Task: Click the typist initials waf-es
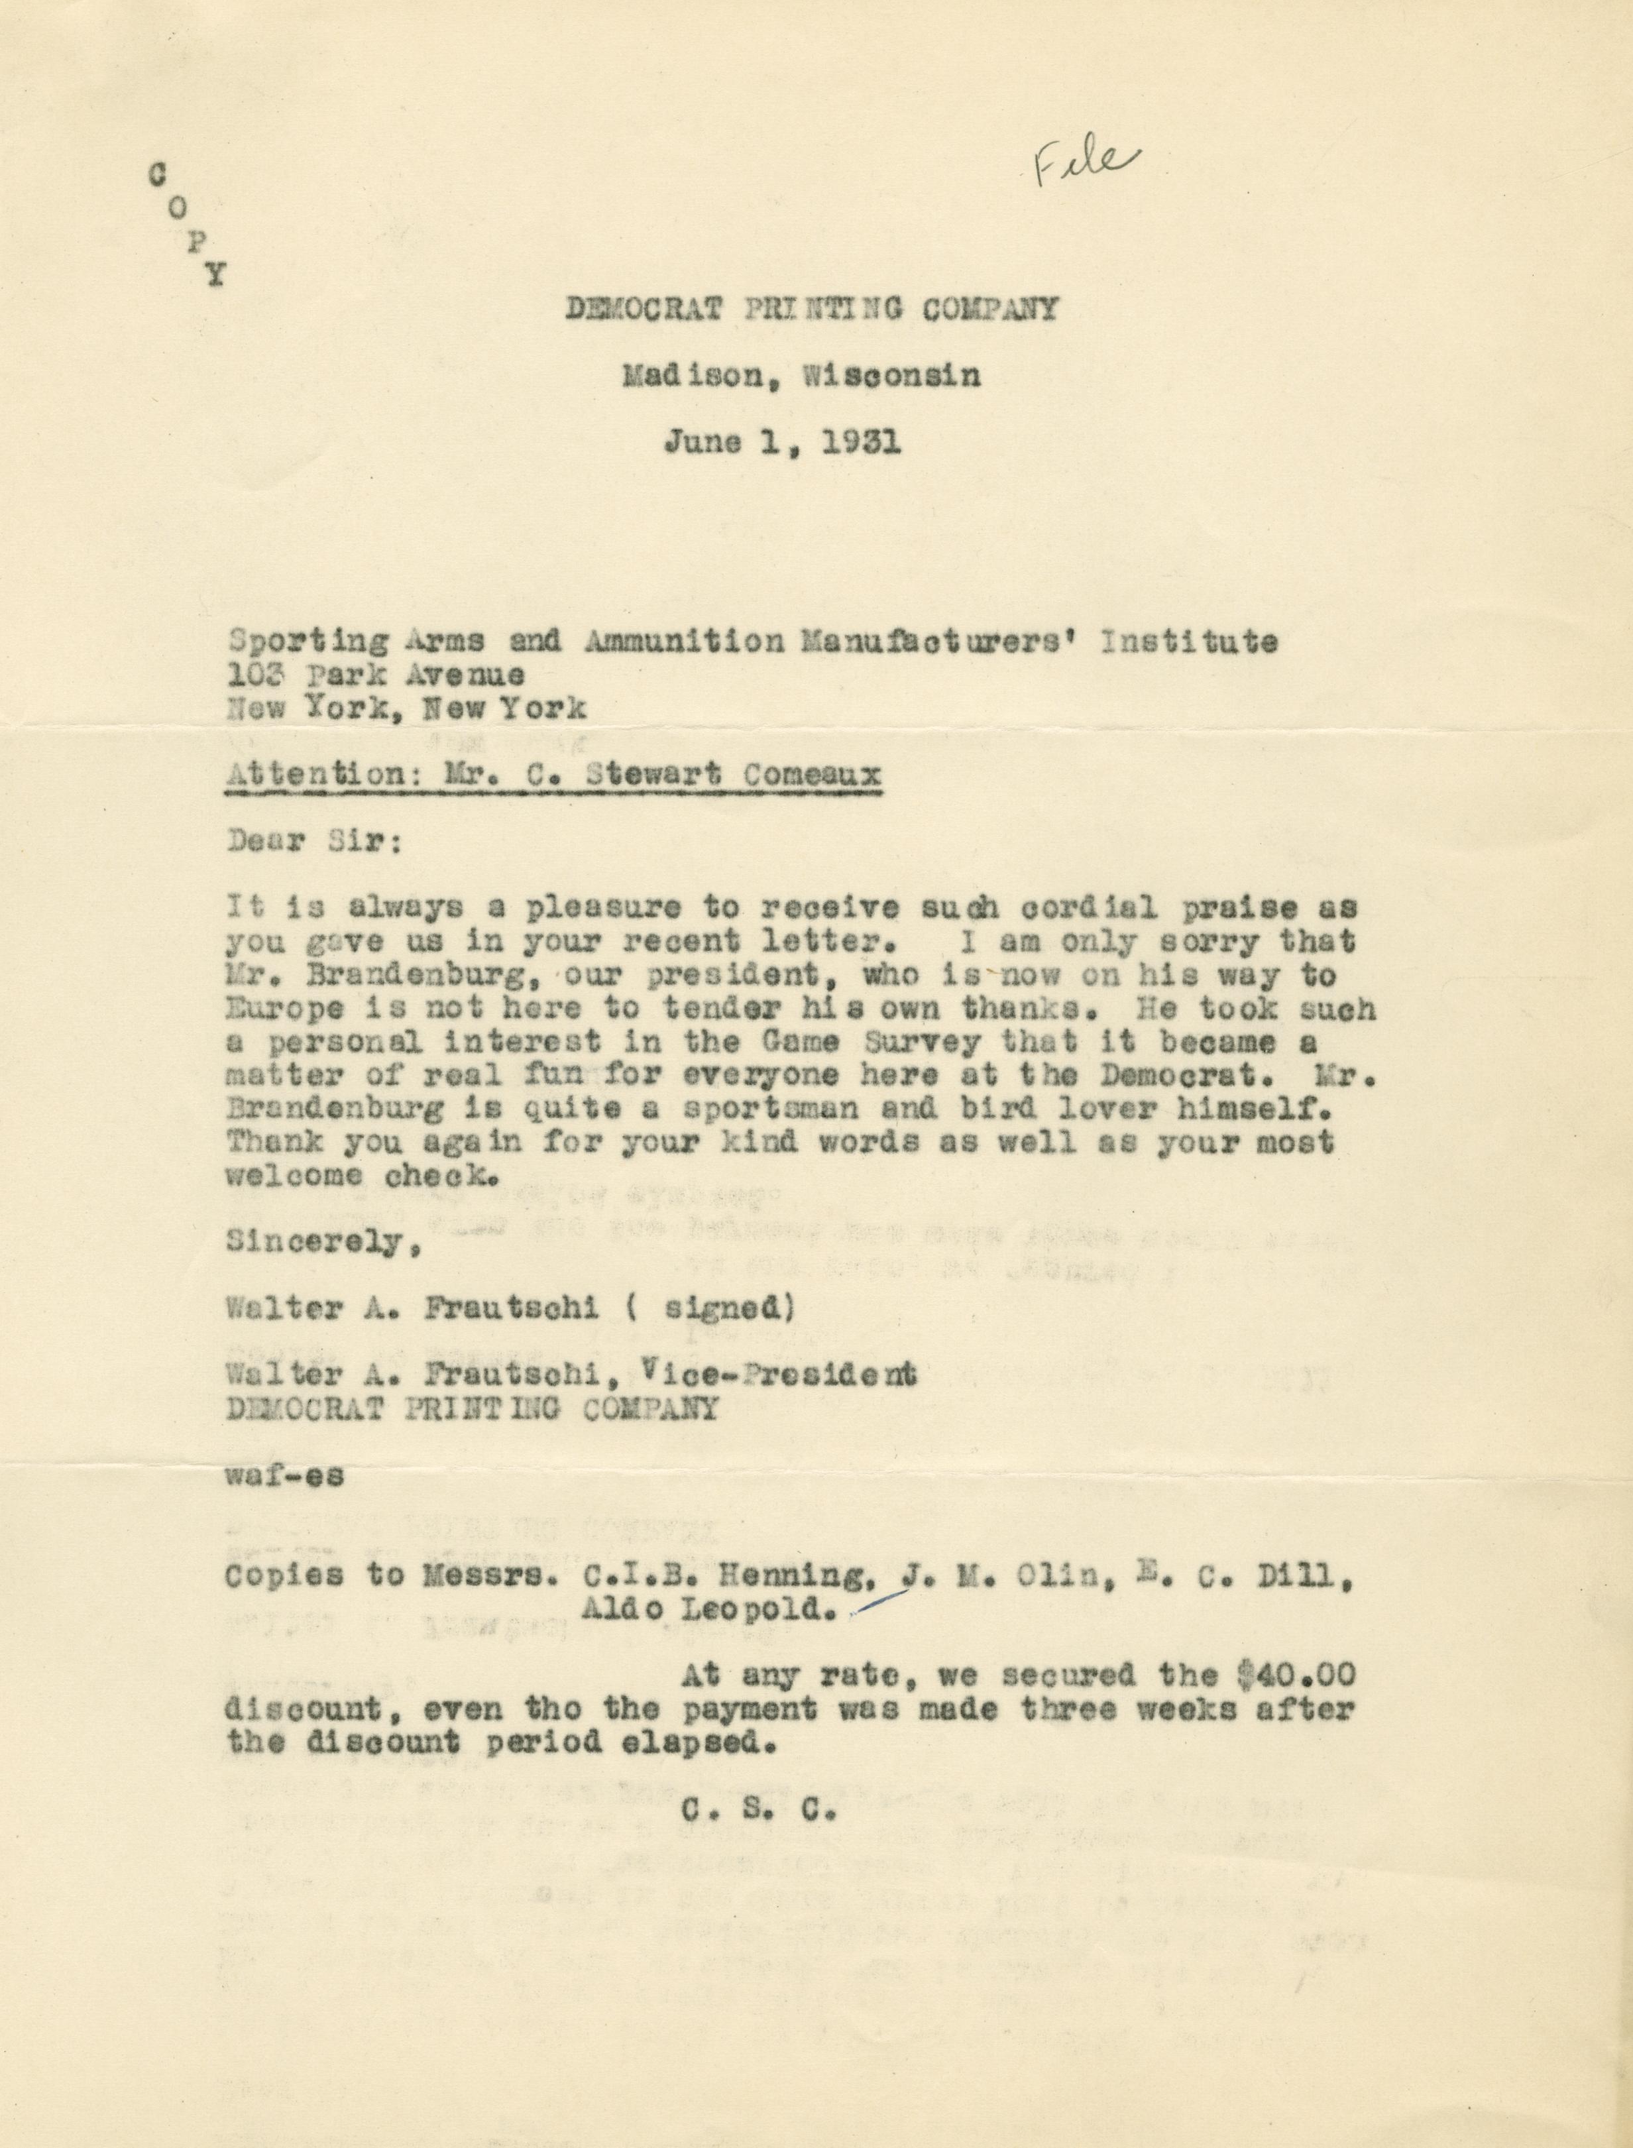[x=284, y=1475]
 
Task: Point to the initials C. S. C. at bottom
[x=759, y=1809]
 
